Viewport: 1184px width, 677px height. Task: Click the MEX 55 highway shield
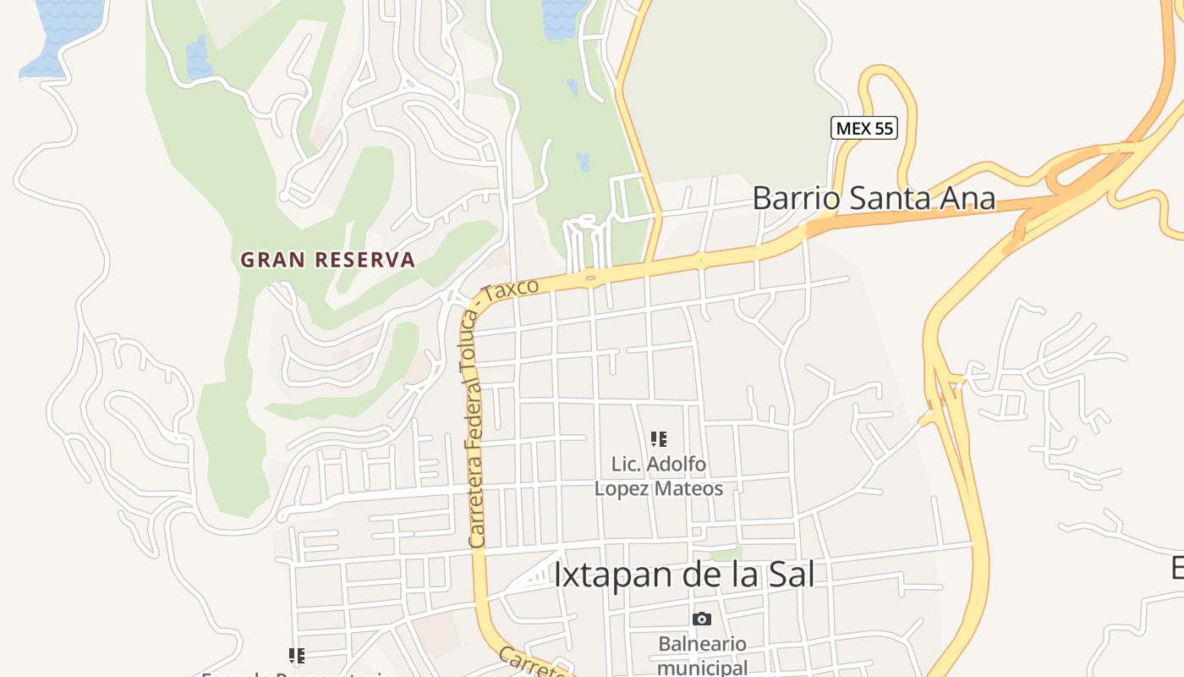863,129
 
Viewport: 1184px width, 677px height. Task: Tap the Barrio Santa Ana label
873,199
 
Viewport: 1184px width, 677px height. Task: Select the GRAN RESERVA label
328,260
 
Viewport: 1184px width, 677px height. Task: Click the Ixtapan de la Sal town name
683,575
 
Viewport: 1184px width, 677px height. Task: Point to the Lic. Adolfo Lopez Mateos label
659,476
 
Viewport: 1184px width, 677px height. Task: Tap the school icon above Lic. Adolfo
659,438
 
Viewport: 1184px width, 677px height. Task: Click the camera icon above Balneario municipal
702,619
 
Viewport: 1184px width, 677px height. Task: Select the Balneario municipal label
702,655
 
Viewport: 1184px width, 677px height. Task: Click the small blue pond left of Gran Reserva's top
199,58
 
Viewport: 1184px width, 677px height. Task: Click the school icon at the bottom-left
296,655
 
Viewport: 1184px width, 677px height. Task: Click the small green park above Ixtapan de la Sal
725,554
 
